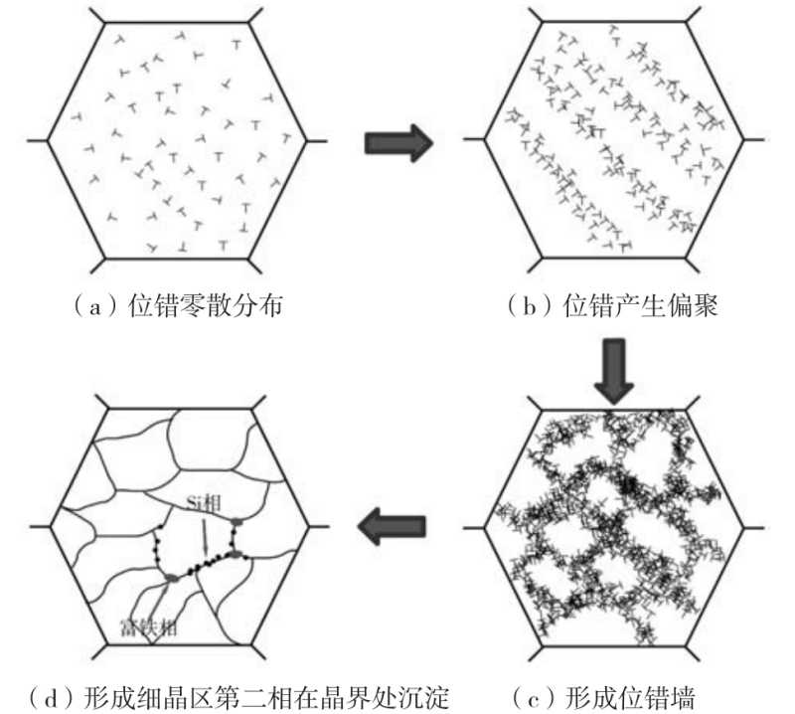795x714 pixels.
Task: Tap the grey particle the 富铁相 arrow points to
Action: tap(170, 578)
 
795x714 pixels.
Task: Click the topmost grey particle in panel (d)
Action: tap(237, 520)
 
